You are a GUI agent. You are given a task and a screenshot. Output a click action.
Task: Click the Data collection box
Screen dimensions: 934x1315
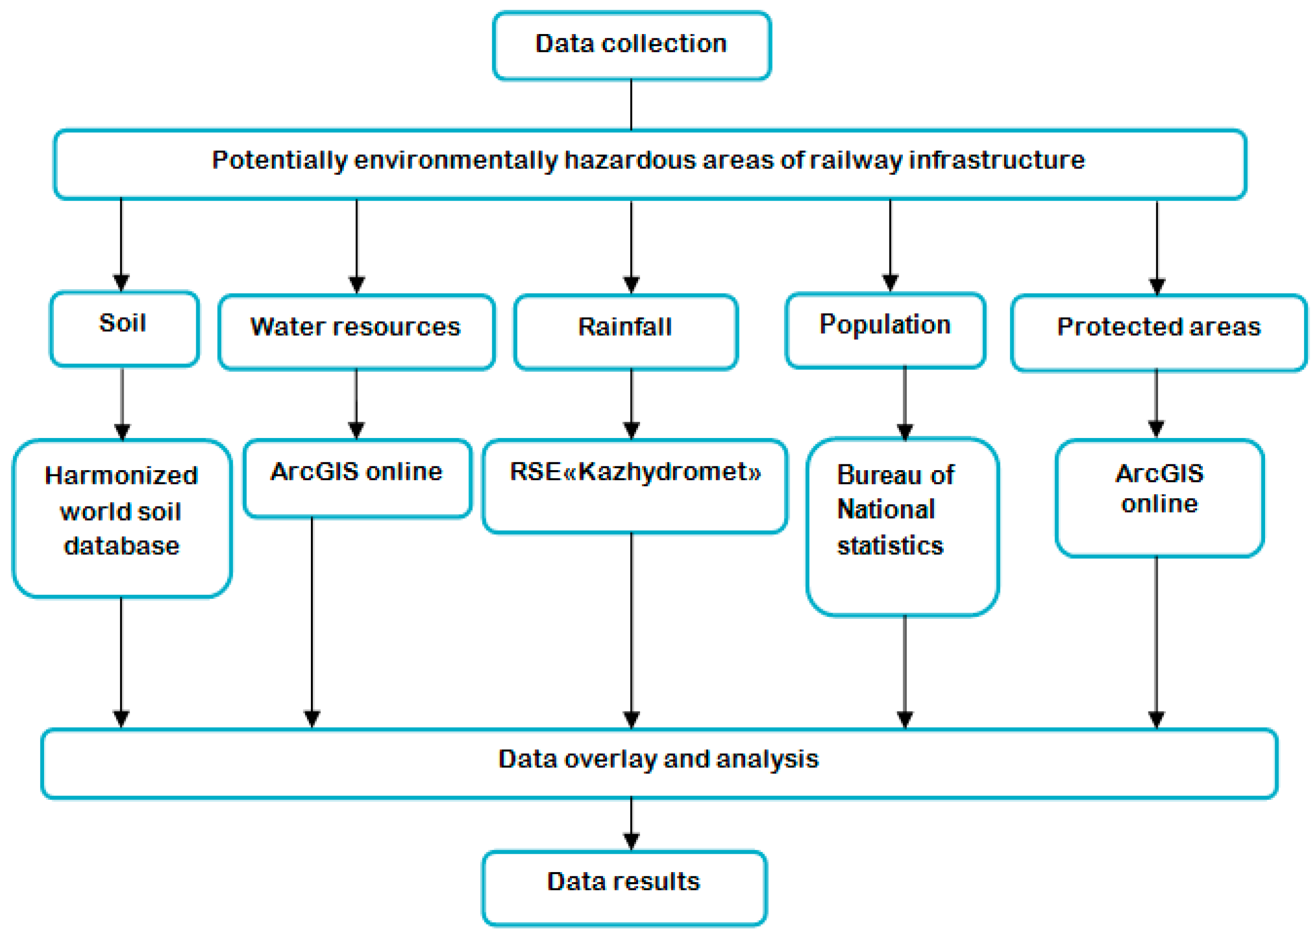[x=631, y=45]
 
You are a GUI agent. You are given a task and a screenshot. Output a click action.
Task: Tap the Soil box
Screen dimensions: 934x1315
[x=124, y=328]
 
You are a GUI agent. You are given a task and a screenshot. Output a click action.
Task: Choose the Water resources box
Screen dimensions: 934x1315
[x=356, y=332]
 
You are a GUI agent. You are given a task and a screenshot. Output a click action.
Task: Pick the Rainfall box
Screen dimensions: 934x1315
[x=625, y=332]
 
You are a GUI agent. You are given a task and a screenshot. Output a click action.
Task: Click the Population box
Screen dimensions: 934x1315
[x=885, y=330]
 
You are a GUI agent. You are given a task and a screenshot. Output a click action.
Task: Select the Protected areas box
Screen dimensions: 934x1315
[x=1158, y=332]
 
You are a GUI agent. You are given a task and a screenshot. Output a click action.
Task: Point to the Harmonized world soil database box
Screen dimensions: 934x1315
[x=121, y=518]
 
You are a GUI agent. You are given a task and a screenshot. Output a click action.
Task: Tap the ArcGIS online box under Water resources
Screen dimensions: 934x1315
[x=356, y=477]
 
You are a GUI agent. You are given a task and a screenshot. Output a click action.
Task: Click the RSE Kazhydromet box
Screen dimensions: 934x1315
[x=635, y=486]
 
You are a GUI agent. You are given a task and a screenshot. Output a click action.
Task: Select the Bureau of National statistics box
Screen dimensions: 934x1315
[x=901, y=526]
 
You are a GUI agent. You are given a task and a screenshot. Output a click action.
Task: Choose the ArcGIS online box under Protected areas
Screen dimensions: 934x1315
[x=1159, y=497]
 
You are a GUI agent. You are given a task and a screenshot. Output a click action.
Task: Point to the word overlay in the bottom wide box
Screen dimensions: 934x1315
[x=610, y=759]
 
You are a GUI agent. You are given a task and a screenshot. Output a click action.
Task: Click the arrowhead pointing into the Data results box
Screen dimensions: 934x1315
[x=631, y=841]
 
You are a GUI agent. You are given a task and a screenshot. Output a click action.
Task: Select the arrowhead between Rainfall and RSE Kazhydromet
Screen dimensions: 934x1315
[x=631, y=430]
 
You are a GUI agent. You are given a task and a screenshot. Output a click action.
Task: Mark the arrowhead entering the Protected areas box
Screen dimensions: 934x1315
[x=1157, y=286]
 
